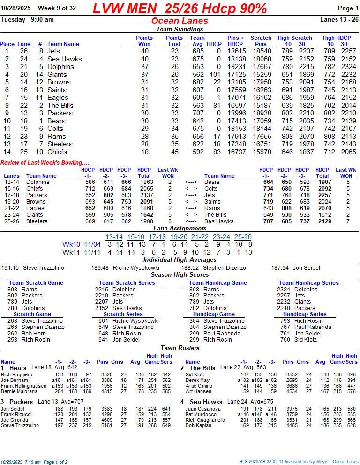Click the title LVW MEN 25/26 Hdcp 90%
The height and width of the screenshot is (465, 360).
(x=180, y=8)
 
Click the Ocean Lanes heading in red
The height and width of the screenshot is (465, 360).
(x=180, y=21)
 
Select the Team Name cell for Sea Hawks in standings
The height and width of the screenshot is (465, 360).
(x=64, y=59)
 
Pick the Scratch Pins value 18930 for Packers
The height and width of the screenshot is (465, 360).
(x=261, y=113)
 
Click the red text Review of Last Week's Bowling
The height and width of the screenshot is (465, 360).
(x=45, y=162)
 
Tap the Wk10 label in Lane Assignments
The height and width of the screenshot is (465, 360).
(x=71, y=244)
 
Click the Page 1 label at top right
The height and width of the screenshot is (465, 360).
(x=348, y=8)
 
